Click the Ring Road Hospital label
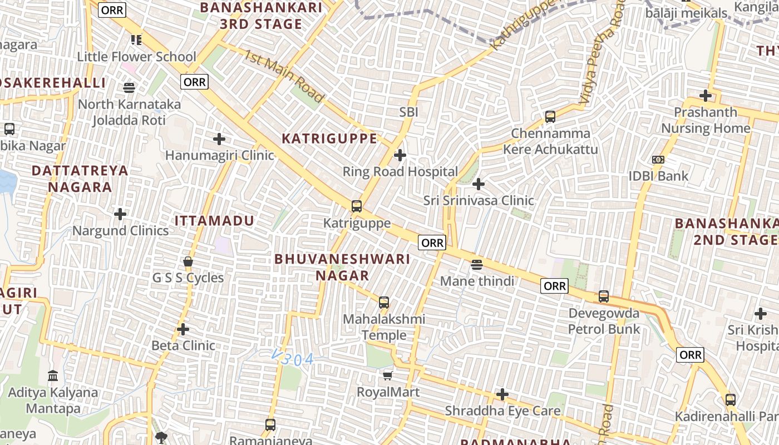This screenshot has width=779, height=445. [x=400, y=172]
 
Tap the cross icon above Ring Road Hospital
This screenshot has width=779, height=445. [x=400, y=155]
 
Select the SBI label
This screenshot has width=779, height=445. [x=408, y=112]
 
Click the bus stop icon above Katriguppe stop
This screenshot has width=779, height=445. [x=357, y=206]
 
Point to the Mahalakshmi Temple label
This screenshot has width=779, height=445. [x=384, y=327]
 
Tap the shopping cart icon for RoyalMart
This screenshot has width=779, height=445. [x=388, y=376]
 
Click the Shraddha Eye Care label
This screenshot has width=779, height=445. [x=502, y=411]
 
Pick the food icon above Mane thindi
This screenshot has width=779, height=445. [x=477, y=264]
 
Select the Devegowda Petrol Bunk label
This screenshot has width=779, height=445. [x=604, y=321]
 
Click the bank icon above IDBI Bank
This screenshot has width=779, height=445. [x=658, y=160]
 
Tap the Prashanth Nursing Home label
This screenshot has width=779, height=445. [x=706, y=120]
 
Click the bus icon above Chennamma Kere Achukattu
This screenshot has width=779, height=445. [x=550, y=117]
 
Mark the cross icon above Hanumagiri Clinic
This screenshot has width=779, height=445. [x=219, y=139]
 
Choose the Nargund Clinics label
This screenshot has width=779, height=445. [x=120, y=231]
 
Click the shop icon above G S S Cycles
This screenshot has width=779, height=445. [x=188, y=261]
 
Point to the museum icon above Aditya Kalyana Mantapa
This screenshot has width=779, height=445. [x=53, y=376]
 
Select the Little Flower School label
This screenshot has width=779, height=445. [x=136, y=57]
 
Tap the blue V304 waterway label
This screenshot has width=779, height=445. [x=293, y=359]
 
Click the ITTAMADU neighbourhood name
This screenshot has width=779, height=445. [x=214, y=221]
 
